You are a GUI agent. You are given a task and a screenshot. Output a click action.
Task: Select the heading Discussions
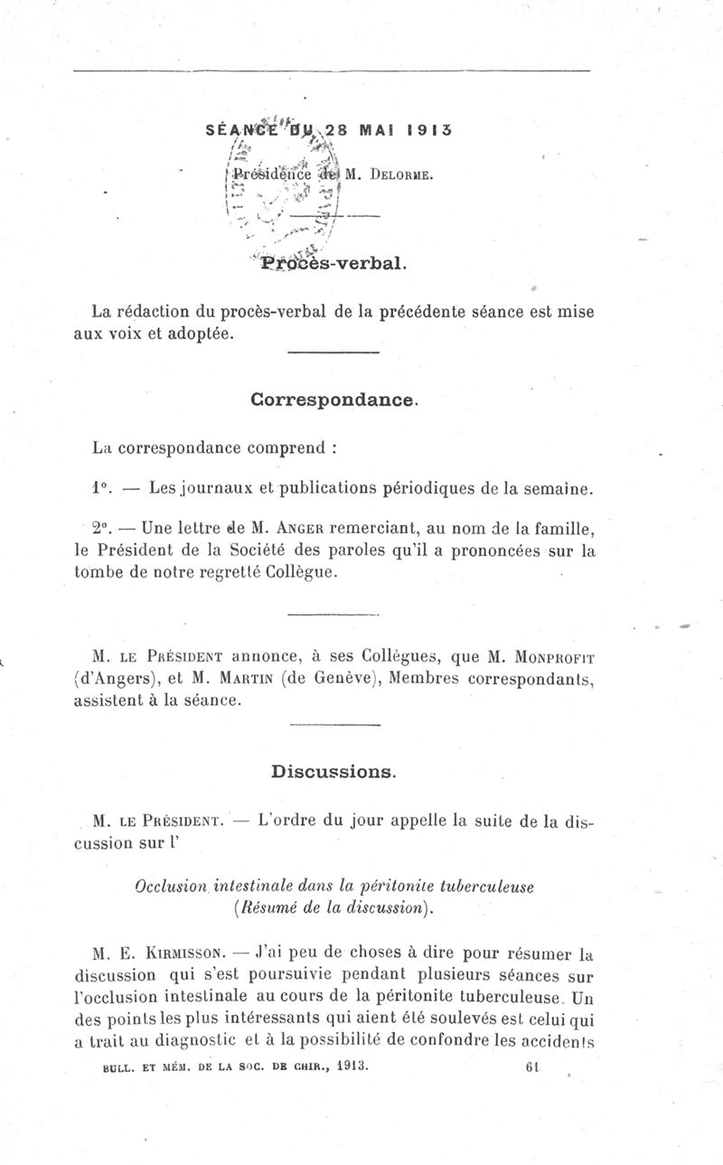coord(333,772)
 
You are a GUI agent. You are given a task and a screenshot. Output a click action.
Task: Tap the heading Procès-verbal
coord(333,264)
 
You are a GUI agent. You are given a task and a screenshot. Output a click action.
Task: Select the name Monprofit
coord(551,655)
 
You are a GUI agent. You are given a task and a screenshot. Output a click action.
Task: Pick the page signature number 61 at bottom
coord(531,1066)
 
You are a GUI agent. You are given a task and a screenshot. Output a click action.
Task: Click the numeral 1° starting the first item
coord(100,489)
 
